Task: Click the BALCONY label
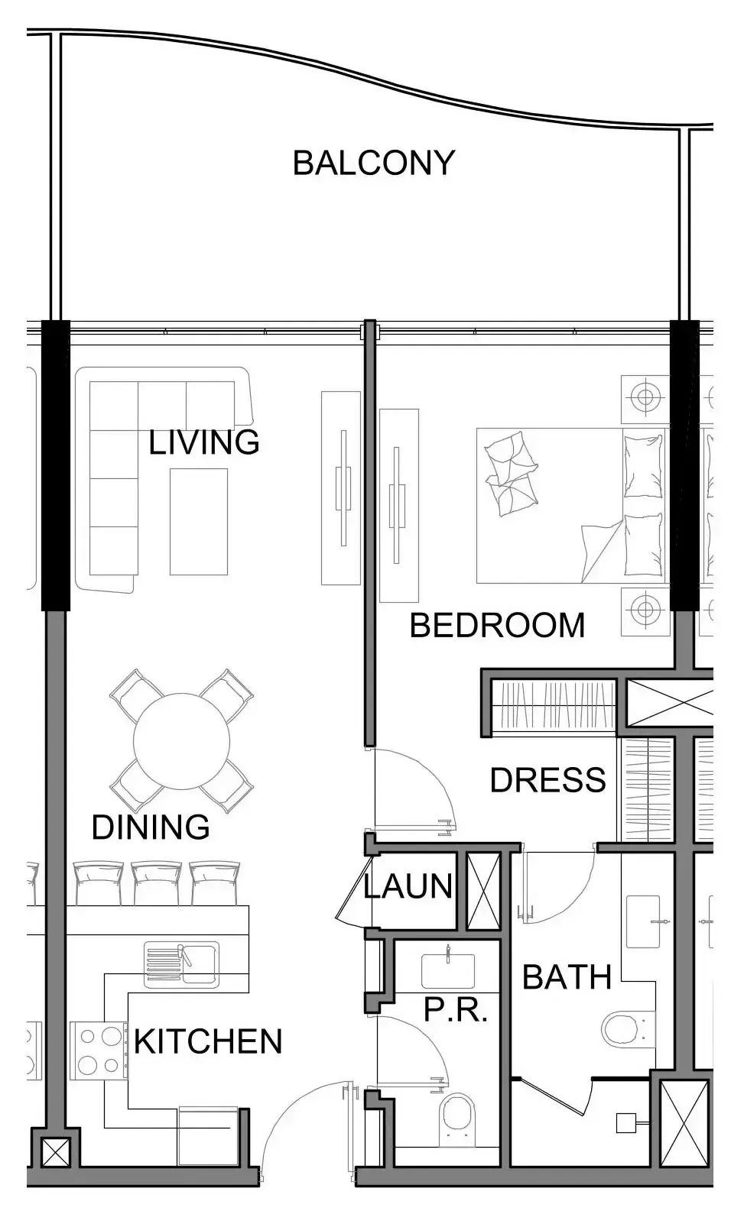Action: [x=373, y=163]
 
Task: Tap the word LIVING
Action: [x=203, y=442]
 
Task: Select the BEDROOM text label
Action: [x=497, y=626]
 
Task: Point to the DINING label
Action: [x=151, y=827]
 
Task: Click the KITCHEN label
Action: [x=208, y=1041]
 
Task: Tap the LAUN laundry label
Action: [x=408, y=886]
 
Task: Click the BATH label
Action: [x=567, y=977]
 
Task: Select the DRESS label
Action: [x=547, y=779]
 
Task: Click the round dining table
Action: [x=181, y=740]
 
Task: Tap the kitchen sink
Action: [x=182, y=963]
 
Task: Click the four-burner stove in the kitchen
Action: [x=99, y=1050]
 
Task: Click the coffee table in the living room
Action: [x=199, y=522]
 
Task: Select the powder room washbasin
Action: [x=448, y=972]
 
